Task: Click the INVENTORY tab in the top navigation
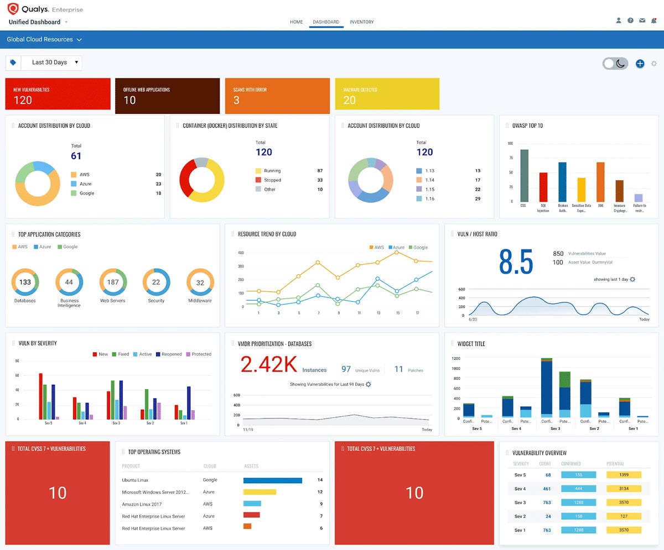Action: [361, 22]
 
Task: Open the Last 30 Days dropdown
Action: [51, 62]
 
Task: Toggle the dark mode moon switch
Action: [616, 64]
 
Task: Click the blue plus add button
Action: [640, 64]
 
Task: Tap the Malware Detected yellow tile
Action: [387, 94]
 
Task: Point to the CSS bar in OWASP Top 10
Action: [524, 176]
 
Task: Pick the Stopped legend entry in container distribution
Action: [272, 180]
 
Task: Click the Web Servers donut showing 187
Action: [113, 282]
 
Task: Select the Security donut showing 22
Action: [156, 282]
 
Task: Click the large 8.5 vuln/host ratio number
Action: [515, 262]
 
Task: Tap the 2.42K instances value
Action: [269, 365]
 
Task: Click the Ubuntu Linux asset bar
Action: [273, 480]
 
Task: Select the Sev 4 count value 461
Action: [547, 489]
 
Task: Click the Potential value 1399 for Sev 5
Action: [624, 475]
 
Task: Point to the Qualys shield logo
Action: [13, 9]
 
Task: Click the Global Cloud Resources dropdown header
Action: [44, 40]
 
